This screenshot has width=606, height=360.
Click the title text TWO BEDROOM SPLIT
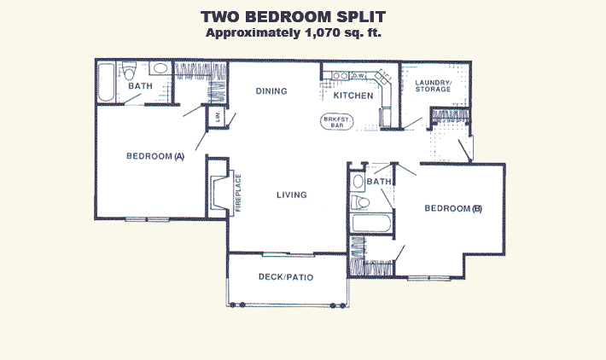293,17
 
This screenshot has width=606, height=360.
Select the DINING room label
271,91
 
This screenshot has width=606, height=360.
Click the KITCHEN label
353,96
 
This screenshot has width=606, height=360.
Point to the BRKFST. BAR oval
336,122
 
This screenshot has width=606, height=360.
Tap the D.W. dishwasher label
358,76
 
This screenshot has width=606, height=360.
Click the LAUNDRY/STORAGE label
433,86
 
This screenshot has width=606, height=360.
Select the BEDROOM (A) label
155,156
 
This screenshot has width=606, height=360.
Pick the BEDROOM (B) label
453,209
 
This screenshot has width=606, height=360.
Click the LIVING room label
291,195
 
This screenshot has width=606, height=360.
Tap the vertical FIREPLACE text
238,193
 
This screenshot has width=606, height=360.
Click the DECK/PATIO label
286,277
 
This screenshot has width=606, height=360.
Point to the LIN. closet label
218,116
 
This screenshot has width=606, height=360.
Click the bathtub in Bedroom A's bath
106,82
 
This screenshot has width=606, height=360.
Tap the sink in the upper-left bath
160,68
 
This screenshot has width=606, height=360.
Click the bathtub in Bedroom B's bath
371,224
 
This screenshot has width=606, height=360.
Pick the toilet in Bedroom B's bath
360,202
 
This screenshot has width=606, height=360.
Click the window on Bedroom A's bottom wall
148,219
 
